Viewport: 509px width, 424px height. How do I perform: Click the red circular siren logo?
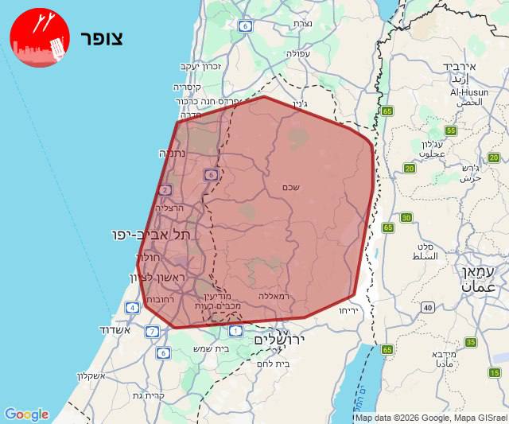[x=40, y=37]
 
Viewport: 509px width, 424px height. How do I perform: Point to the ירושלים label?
[x=280, y=340]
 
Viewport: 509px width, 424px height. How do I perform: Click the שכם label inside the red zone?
[x=290, y=188]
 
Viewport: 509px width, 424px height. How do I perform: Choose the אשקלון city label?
[x=95, y=376]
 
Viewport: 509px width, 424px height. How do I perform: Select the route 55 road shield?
[x=451, y=131]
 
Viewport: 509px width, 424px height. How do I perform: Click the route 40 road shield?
[x=428, y=307]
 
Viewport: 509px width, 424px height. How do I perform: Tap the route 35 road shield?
[x=471, y=342]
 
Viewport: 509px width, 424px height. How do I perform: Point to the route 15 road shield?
[x=495, y=372]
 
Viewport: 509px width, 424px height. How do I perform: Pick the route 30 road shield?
[x=406, y=218]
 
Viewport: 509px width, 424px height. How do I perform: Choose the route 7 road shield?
[x=152, y=331]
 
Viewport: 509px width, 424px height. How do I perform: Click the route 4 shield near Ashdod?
[x=132, y=307]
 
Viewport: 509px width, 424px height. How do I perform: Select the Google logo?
[x=26, y=414]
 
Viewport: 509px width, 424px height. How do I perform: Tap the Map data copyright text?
[x=430, y=418]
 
